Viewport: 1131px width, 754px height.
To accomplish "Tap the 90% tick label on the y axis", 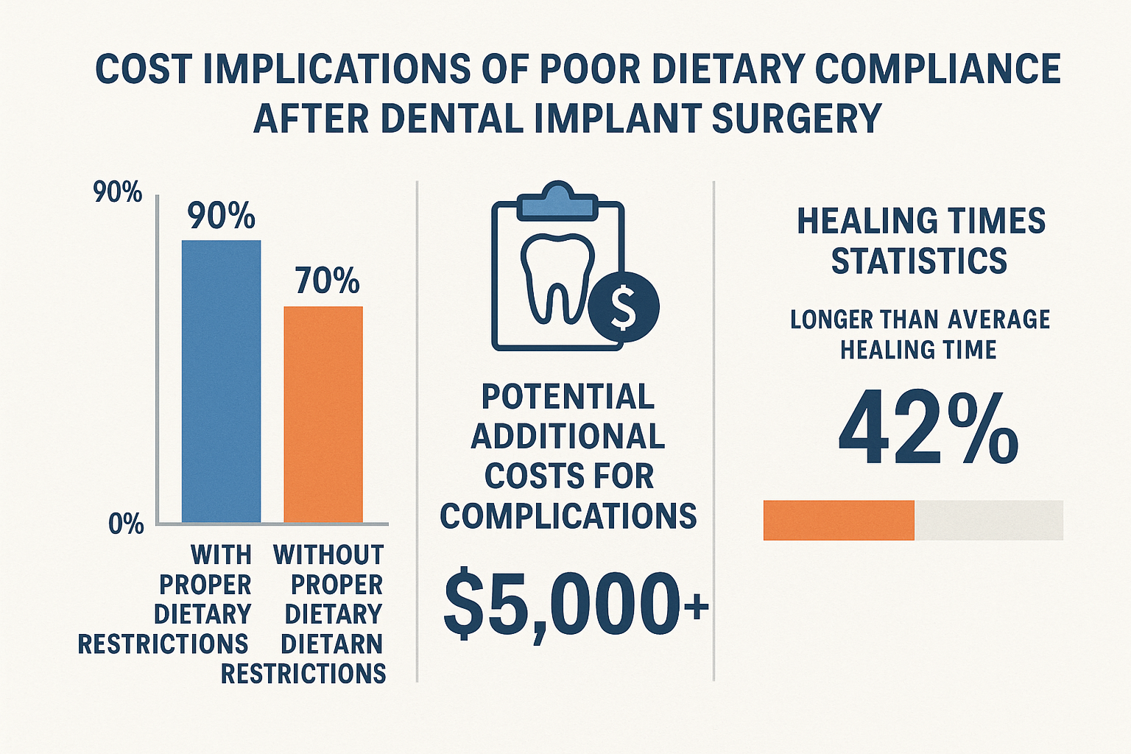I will [118, 193].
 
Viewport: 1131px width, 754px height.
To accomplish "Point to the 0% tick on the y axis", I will [126, 524].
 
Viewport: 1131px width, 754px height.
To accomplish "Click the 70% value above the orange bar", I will [327, 281].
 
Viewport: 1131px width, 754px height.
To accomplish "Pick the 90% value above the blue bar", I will [221, 216].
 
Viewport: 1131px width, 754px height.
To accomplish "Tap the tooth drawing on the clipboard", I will [557, 278].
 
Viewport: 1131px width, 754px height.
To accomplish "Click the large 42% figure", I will [928, 430].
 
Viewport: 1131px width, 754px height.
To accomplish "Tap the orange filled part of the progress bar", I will [839, 521].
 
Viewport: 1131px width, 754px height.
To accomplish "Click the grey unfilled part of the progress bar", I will [988, 521].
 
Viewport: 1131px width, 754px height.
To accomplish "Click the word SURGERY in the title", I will [797, 118].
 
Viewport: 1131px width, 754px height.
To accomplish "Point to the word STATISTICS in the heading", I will [919, 261].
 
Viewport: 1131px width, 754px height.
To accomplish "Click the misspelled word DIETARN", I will [332, 644].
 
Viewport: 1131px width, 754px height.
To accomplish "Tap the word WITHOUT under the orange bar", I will [328, 554].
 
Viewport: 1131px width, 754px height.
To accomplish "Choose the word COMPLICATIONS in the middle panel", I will [568, 516].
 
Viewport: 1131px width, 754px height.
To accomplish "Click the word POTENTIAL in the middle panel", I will [568, 397].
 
